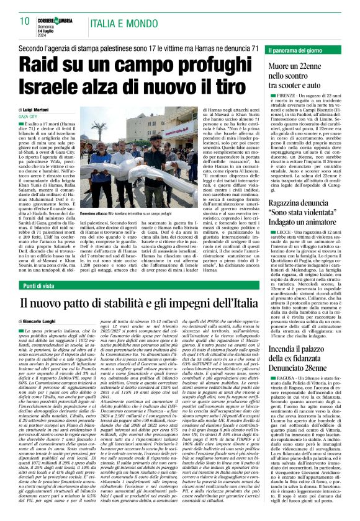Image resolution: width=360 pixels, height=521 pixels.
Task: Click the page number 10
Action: tap(24, 21)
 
